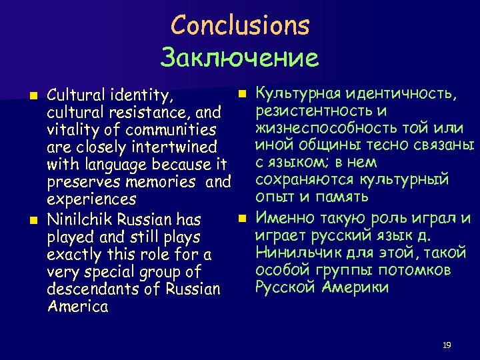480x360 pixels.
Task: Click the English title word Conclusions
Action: coord(239,26)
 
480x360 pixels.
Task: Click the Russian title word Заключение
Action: coord(239,58)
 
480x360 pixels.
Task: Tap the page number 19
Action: coord(447,345)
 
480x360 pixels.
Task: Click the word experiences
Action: coord(91,199)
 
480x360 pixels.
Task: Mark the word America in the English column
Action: coord(78,307)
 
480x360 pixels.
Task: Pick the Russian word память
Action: coord(342,198)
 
